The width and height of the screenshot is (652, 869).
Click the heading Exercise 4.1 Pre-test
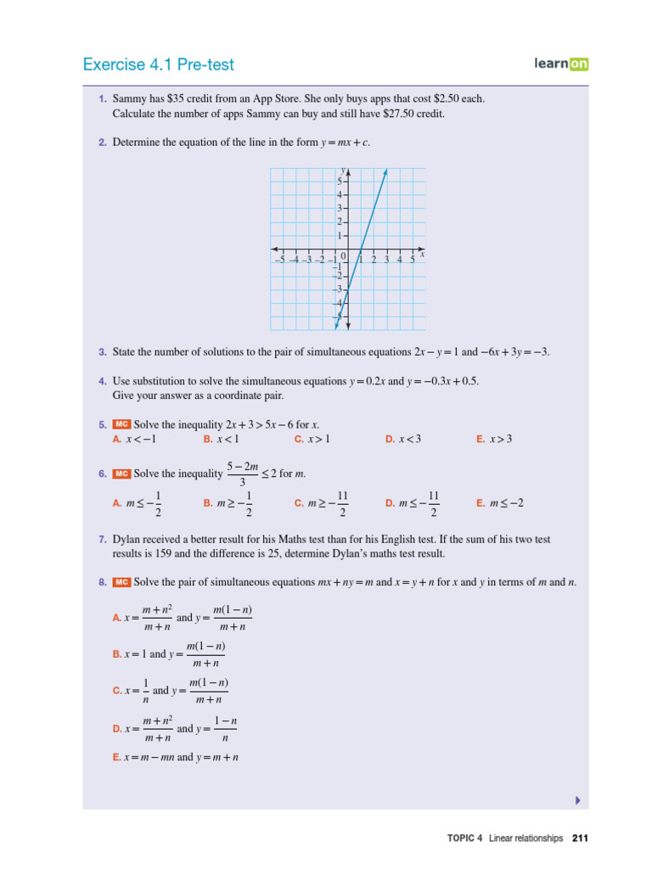click(159, 64)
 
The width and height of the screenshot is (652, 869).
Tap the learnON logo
click(561, 63)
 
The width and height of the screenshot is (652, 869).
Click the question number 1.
click(102, 99)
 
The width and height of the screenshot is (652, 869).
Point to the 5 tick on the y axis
click(339, 182)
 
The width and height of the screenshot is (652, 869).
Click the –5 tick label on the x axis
click(279, 260)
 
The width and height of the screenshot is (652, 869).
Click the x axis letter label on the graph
click(422, 254)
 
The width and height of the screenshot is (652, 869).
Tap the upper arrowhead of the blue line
click(385, 173)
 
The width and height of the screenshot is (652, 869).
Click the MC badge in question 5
click(121, 424)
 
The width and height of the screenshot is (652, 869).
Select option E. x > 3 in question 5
click(494, 439)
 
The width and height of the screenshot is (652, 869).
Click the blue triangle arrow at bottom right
click(577, 799)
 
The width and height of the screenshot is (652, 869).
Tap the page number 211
click(581, 838)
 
